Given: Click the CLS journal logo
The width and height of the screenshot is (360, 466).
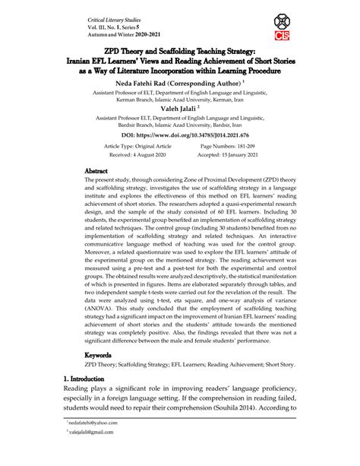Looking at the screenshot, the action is click(x=280, y=31).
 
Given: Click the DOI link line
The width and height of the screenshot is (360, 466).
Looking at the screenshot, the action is click(x=180, y=134).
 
